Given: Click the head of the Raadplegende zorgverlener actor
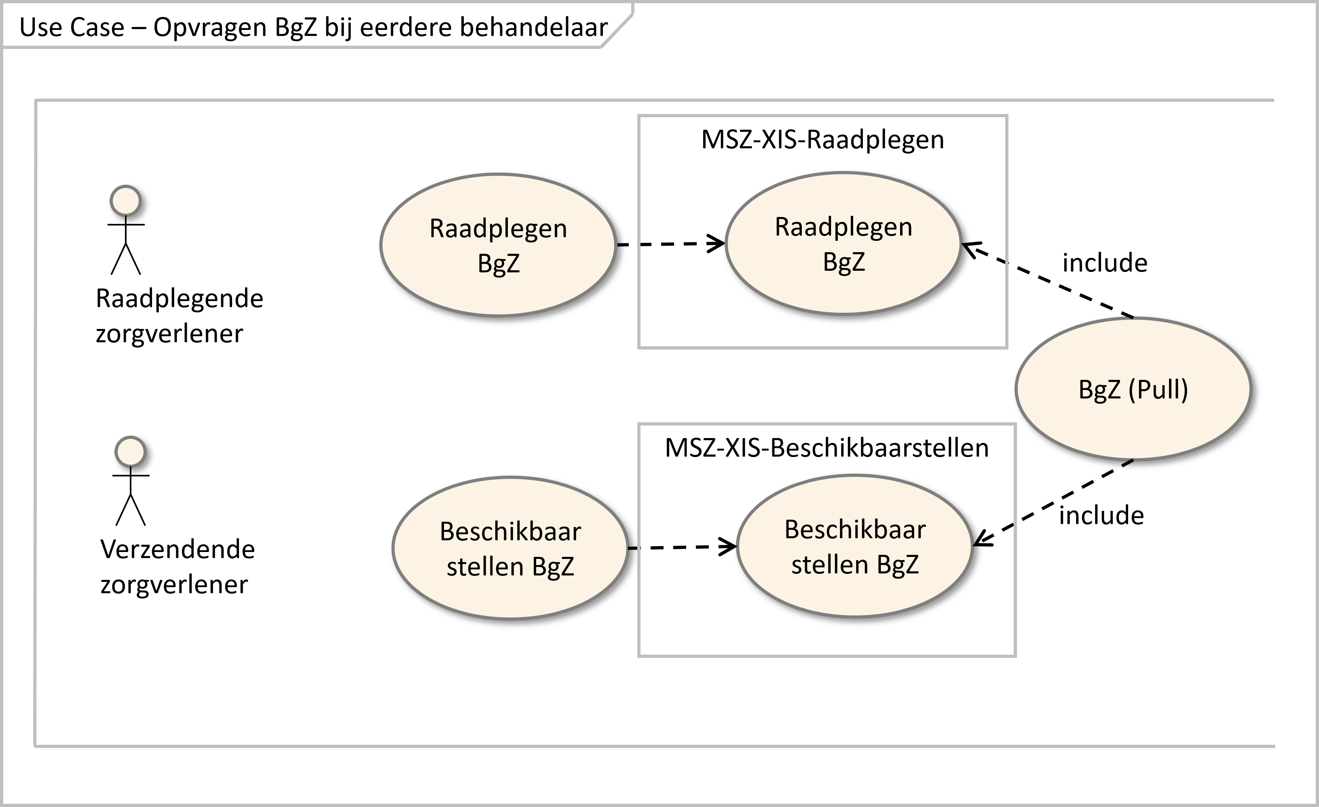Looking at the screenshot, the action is tap(125, 201).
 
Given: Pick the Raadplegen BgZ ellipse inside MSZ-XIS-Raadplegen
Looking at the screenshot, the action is tap(843, 244).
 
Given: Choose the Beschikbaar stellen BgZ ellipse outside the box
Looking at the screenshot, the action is tap(510, 548).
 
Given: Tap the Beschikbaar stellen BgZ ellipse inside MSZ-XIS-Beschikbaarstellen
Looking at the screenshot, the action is tap(855, 546).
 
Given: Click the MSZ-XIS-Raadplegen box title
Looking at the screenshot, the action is tap(823, 140).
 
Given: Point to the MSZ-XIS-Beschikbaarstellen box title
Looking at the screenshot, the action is tap(826, 448).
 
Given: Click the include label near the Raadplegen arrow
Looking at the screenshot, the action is tap(1105, 263).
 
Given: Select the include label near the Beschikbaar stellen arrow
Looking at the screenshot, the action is tap(1102, 515).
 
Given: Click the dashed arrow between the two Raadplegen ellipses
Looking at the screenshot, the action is tap(671, 244).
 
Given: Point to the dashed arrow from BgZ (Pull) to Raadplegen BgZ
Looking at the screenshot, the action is tap(1048, 281).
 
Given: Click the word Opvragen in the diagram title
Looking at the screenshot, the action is tap(210, 28).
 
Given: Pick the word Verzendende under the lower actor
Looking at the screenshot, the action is tap(178, 550).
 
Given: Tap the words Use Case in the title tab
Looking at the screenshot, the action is tap(72, 27).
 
